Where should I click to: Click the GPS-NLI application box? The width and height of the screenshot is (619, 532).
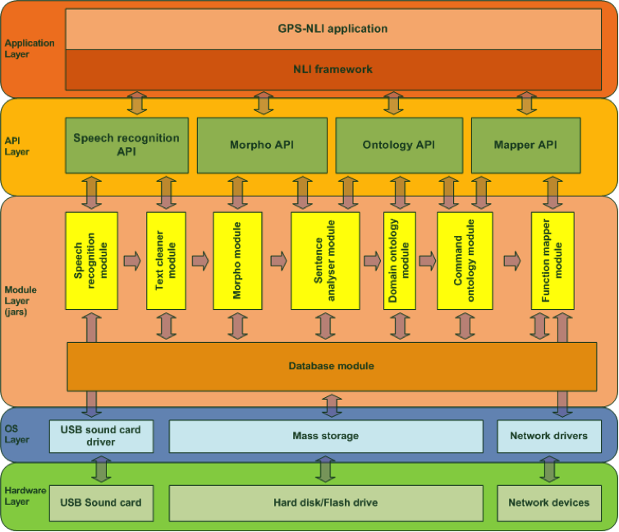click(332, 29)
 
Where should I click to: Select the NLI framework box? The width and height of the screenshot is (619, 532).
click(332, 69)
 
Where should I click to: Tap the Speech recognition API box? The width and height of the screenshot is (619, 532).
click(126, 145)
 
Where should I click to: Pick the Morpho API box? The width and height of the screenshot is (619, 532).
click(262, 145)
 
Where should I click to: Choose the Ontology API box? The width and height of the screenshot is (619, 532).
click(398, 145)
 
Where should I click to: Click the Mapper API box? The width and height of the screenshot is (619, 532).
click(525, 145)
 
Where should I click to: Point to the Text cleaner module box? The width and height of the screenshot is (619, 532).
click(166, 260)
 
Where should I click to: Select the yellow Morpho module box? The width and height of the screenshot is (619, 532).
click(237, 260)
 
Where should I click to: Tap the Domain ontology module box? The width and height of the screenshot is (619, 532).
click(399, 260)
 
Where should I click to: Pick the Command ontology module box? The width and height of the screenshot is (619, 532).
click(465, 260)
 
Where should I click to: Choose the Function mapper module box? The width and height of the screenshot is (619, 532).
click(552, 260)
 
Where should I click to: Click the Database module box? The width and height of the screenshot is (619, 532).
click(332, 366)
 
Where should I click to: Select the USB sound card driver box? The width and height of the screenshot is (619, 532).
click(101, 436)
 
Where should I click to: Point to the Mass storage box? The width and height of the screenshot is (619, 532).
click(326, 436)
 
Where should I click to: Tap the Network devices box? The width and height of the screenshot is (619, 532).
click(548, 502)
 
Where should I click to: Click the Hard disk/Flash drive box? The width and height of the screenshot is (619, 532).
click(326, 502)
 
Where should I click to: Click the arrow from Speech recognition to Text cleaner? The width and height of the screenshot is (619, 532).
click(132, 261)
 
